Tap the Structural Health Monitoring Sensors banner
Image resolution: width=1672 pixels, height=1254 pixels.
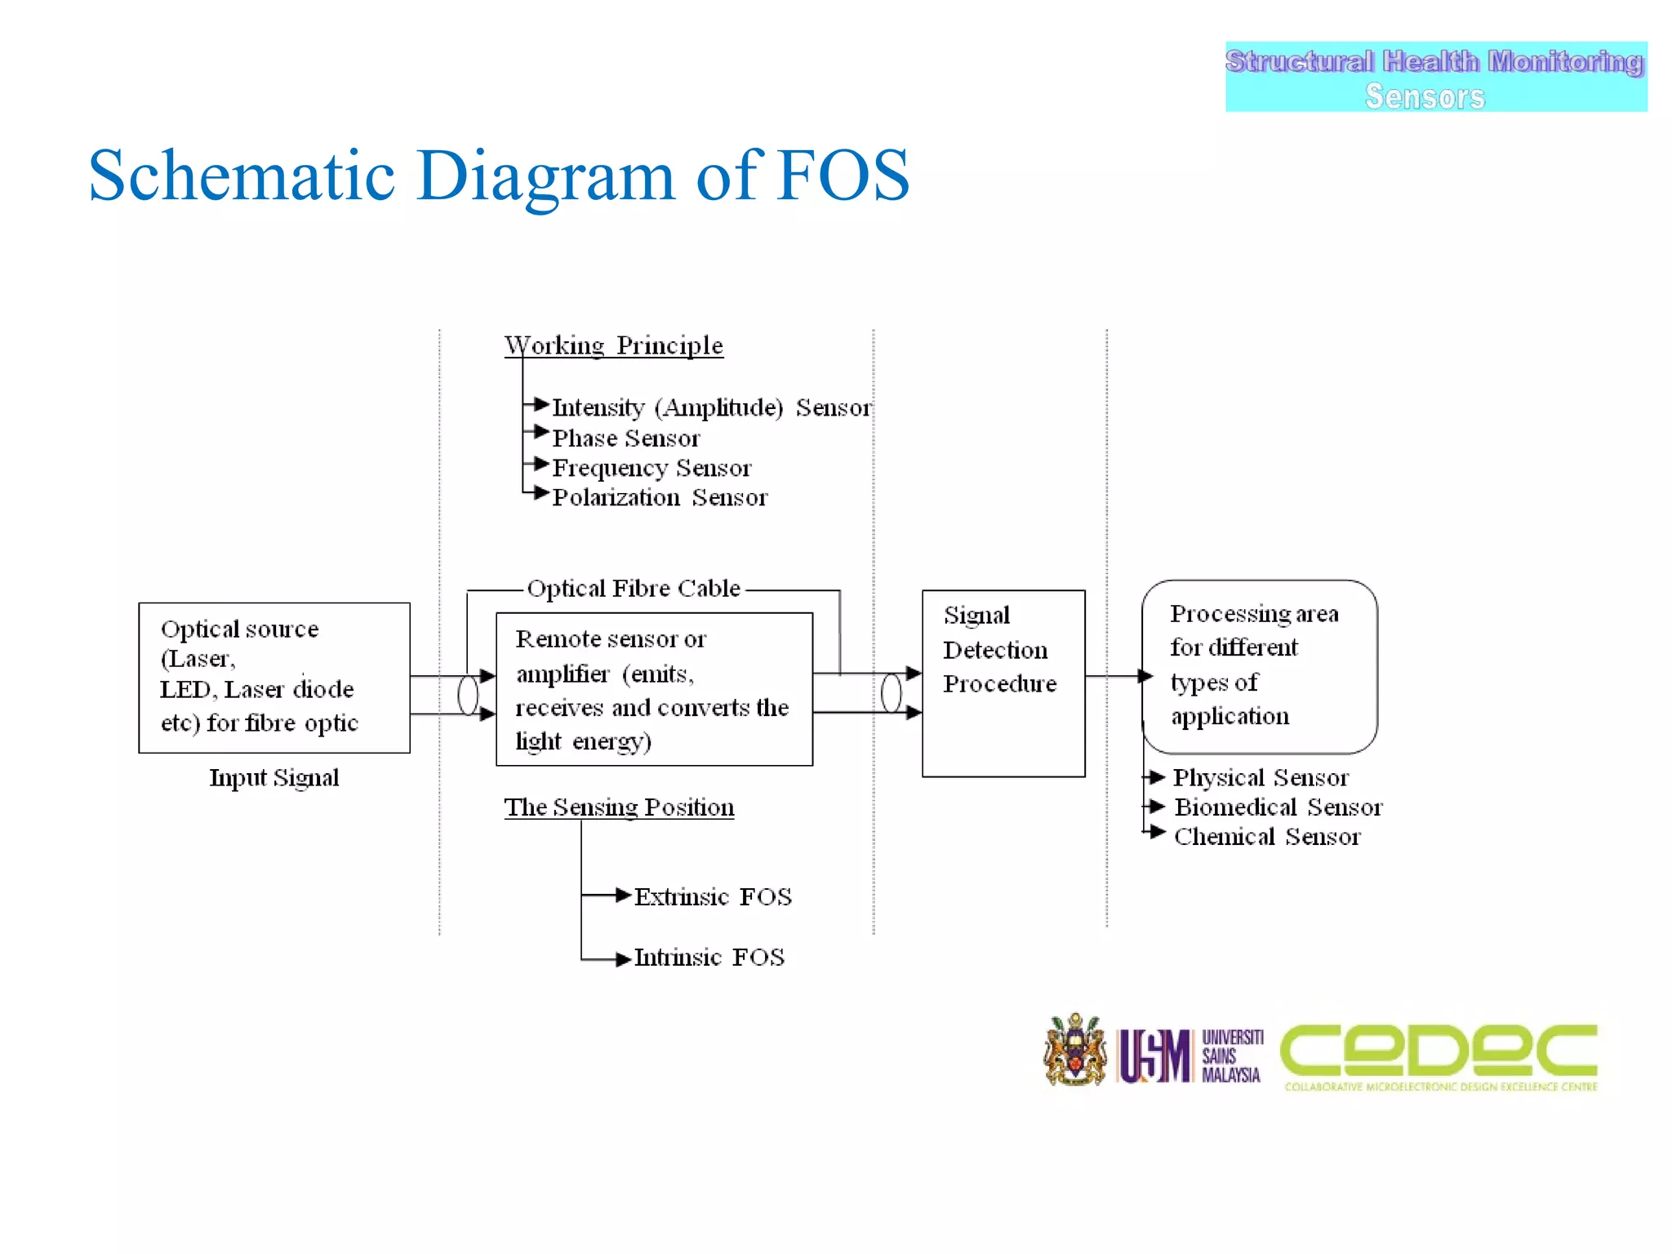pyautogui.click(x=1435, y=78)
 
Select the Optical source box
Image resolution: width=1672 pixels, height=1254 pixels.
pyautogui.click(x=274, y=677)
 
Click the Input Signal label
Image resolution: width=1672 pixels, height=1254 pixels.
pyautogui.click(x=274, y=777)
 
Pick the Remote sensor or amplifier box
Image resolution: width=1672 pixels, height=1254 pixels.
pyautogui.click(x=654, y=689)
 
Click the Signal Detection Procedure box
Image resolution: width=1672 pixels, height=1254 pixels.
pyautogui.click(x=1003, y=683)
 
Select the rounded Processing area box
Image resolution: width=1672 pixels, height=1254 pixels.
pyautogui.click(x=1259, y=666)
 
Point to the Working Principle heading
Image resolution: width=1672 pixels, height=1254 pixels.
pyautogui.click(x=613, y=345)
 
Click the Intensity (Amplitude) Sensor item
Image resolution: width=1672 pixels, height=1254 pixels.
pyautogui.click(x=711, y=407)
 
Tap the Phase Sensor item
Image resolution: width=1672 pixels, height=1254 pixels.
pyautogui.click(x=626, y=438)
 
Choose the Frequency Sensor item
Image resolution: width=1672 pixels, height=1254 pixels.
pyautogui.click(x=651, y=468)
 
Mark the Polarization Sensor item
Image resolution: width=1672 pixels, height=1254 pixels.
pyautogui.click(x=660, y=497)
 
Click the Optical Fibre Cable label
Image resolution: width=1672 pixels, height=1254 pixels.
pyautogui.click(x=634, y=589)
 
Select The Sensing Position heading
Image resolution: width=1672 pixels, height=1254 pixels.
pyautogui.click(x=619, y=807)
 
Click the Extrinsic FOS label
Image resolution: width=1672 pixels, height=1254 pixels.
pyautogui.click(x=713, y=896)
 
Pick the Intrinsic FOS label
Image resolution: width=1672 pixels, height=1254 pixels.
pyautogui.click(x=709, y=957)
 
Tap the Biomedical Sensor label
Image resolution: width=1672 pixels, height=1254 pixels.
pyautogui.click(x=1278, y=807)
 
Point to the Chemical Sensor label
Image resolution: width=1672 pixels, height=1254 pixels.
pyautogui.click(x=1267, y=837)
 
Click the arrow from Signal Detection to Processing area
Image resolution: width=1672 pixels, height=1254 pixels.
pyautogui.click(x=1118, y=676)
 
